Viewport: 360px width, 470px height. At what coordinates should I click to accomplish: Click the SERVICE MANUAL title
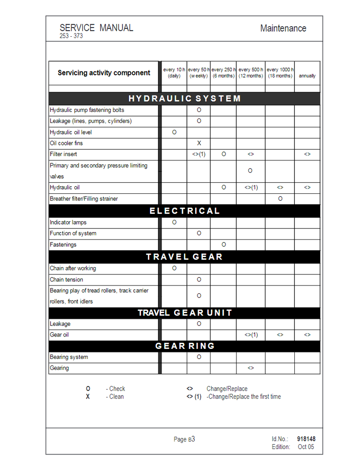click(96, 28)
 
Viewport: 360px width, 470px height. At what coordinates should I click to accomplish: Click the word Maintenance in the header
click(283, 28)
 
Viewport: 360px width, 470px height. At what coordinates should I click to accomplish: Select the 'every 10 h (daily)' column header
click(174, 73)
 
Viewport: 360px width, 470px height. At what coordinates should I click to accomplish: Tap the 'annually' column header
click(307, 76)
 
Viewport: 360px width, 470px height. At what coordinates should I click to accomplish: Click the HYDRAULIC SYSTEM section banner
click(184, 99)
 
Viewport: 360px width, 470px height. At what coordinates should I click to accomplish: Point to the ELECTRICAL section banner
click(184, 211)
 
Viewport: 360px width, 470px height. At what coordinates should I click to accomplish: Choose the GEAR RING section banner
click(184, 346)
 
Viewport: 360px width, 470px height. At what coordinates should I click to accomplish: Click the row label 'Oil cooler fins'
click(67, 143)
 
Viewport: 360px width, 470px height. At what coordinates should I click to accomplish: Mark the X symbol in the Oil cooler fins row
click(199, 143)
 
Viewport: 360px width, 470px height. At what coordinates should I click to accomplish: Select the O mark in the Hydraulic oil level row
click(174, 132)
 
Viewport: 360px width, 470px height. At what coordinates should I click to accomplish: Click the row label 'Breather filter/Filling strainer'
click(84, 199)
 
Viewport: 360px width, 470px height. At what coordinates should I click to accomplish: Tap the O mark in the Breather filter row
click(280, 199)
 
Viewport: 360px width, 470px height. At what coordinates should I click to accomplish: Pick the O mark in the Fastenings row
click(224, 245)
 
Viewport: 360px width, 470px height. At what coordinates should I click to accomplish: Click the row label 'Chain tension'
click(67, 280)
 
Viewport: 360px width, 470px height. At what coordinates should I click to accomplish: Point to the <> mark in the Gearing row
click(251, 368)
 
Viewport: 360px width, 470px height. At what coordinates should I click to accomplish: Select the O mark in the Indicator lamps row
click(174, 223)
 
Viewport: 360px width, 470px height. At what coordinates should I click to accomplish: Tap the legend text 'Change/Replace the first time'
click(244, 397)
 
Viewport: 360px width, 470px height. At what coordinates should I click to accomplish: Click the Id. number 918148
click(306, 439)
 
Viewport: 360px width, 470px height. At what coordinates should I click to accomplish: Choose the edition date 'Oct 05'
click(306, 447)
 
